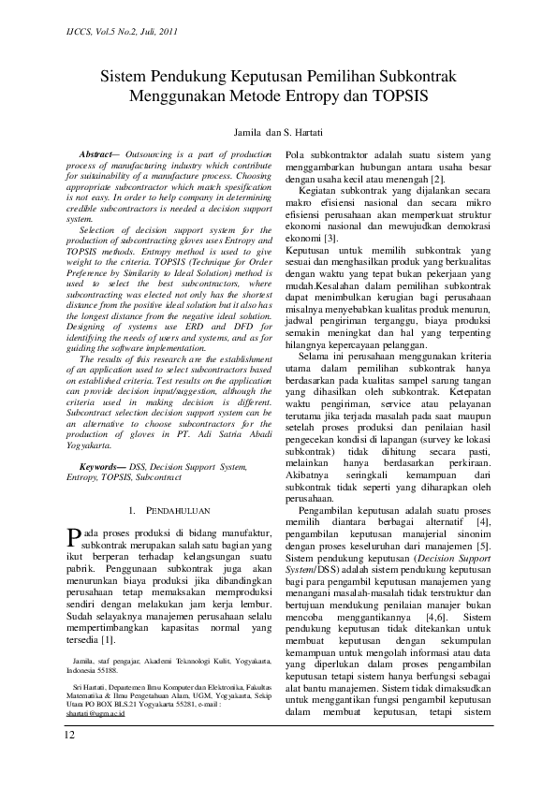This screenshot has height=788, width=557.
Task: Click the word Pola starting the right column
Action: [297, 153]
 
